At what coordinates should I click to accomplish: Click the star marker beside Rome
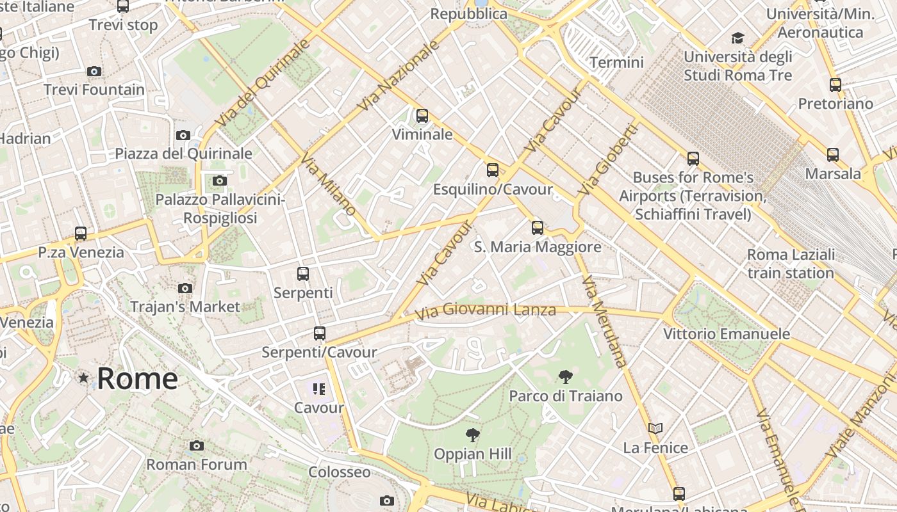[83, 378]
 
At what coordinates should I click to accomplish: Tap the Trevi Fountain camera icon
[94, 71]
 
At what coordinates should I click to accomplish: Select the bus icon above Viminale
[422, 116]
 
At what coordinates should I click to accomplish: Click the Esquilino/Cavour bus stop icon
[492, 170]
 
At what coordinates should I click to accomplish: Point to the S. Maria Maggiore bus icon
[537, 228]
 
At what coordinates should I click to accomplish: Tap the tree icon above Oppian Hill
[472, 435]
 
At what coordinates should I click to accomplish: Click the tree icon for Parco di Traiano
[565, 377]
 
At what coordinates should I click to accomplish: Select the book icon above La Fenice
[655, 429]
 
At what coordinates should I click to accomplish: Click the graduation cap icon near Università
[737, 38]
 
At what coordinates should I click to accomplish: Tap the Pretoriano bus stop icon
[835, 85]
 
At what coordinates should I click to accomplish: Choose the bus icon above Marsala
[832, 155]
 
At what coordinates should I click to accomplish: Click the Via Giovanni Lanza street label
[485, 312]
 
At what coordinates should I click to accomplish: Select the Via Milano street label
[327, 185]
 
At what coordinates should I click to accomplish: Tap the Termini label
[616, 62]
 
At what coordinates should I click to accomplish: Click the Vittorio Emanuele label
[726, 334]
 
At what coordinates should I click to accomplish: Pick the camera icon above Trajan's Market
[185, 289]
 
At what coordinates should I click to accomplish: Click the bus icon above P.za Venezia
[81, 234]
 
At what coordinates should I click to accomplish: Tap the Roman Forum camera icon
[197, 446]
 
